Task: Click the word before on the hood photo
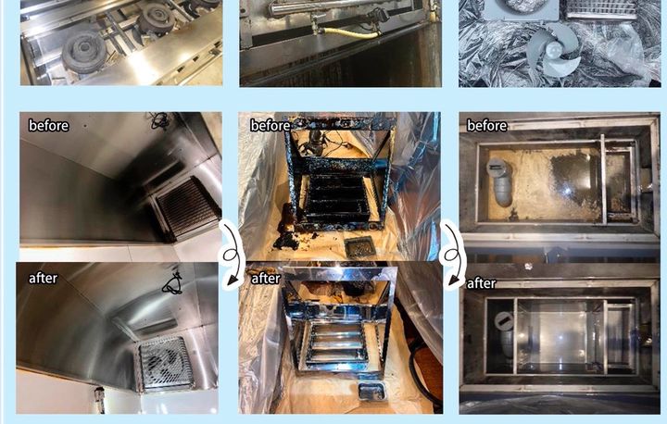[x=48, y=126]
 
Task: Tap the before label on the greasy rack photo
[x=271, y=126]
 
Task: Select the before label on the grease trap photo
[x=487, y=126]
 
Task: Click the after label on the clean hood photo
[x=43, y=278]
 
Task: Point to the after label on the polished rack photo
[x=266, y=279]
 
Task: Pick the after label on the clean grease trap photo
[x=482, y=283]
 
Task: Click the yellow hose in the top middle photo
[x=349, y=32]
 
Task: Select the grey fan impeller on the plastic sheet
[x=553, y=49]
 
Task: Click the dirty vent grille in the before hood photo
[x=186, y=208]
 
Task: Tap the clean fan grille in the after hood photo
[x=165, y=364]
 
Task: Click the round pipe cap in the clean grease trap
[x=504, y=321]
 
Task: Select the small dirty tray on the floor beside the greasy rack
[x=359, y=247]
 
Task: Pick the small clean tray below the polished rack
[x=371, y=392]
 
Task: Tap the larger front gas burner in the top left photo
[x=83, y=52]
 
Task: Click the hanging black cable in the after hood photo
[x=172, y=282]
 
